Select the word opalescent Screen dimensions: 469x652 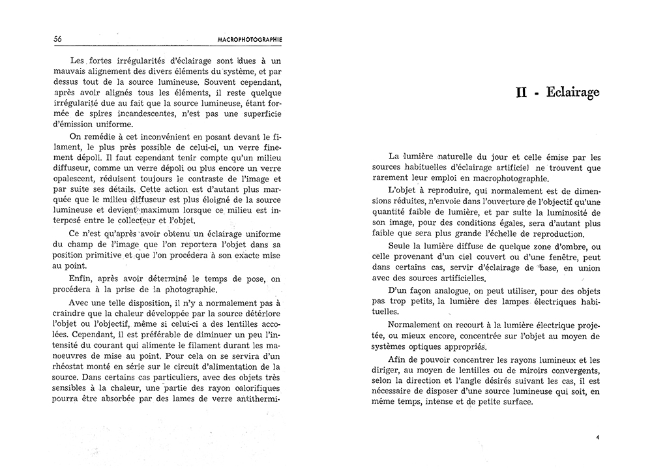click(x=73, y=179)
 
